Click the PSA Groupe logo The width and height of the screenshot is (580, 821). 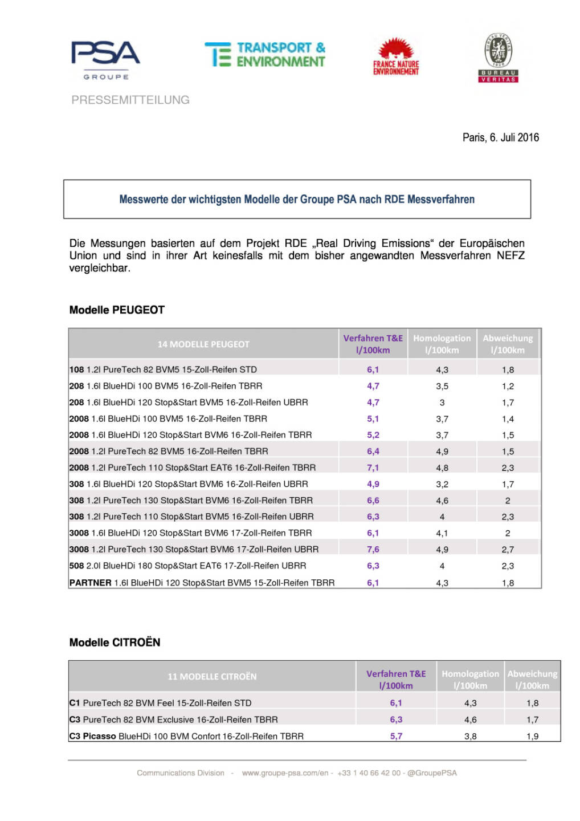click(x=105, y=59)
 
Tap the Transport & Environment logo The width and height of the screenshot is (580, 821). click(x=265, y=55)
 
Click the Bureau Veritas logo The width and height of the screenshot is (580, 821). click(x=499, y=58)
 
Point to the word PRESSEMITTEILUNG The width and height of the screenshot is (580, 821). click(x=130, y=100)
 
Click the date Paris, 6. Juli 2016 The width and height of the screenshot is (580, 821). click(x=500, y=137)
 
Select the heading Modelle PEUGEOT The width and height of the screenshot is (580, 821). click(x=117, y=310)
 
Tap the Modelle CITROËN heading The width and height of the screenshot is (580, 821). click(x=115, y=643)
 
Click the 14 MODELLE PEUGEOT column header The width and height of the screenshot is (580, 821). click(x=203, y=344)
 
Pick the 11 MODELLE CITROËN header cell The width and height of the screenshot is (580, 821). click(x=212, y=677)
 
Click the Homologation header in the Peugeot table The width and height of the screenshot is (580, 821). click(x=442, y=344)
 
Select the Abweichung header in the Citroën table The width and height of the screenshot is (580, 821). click(x=532, y=680)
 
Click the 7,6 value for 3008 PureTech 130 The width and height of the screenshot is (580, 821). click(x=373, y=550)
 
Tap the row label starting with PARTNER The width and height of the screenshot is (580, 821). click(x=202, y=583)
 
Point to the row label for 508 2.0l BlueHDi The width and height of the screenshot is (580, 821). click(x=187, y=566)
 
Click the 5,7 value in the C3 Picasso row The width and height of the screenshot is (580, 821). click(x=396, y=736)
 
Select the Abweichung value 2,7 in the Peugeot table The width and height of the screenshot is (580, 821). click(x=508, y=550)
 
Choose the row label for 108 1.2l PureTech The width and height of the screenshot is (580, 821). click(x=163, y=369)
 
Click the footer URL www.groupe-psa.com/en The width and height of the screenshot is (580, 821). click(x=285, y=773)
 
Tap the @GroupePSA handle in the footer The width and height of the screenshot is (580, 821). click(x=432, y=773)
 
